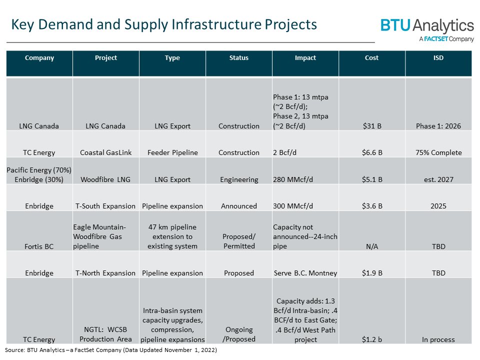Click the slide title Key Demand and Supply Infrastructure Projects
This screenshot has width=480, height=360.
(164, 24)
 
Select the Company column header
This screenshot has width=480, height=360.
(39, 58)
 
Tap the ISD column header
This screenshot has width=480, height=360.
(438, 58)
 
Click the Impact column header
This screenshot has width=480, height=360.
(305, 58)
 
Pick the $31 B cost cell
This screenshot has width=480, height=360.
(372, 126)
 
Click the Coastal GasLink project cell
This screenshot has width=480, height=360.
(106, 152)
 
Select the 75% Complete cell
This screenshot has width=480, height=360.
(438, 152)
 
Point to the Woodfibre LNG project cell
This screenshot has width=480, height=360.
(106, 179)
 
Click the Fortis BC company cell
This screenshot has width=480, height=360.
(39, 246)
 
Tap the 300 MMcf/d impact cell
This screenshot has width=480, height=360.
(295, 206)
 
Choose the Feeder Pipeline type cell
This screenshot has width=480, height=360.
(172, 152)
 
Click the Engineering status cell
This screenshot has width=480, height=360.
(239, 179)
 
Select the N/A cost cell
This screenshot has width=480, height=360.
(372, 246)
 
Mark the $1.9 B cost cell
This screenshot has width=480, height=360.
(372, 273)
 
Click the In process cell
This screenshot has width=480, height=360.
(438, 339)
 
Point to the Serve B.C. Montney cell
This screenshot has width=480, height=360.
(305, 273)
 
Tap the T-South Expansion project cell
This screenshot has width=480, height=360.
(106, 206)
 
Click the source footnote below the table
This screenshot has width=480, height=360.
(111, 350)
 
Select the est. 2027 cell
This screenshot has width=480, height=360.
(438, 179)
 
